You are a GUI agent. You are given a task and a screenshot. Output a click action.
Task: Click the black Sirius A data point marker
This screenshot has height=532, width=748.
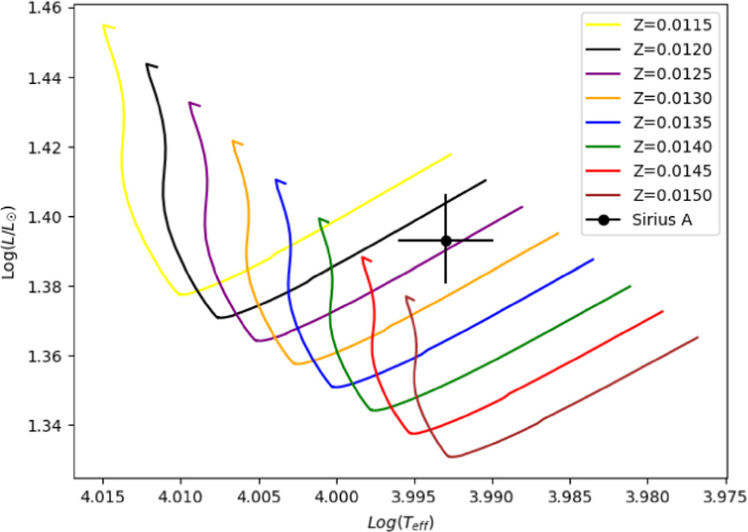pyautogui.click(x=445, y=240)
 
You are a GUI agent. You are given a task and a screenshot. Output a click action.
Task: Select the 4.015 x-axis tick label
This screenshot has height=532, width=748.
pyautogui.click(x=103, y=497)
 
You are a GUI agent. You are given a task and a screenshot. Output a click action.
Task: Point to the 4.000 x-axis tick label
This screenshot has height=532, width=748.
pyautogui.click(x=336, y=497)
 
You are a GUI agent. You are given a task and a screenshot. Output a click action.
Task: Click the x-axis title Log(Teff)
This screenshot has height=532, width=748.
pyautogui.click(x=400, y=520)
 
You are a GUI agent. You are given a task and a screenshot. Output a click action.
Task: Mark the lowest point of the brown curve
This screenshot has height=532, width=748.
pyautogui.click(x=451, y=456)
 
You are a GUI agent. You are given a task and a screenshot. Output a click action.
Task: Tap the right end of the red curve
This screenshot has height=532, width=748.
pyautogui.click(x=663, y=311)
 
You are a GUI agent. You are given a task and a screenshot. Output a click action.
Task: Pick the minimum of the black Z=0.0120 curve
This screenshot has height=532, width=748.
pyautogui.click(x=219, y=317)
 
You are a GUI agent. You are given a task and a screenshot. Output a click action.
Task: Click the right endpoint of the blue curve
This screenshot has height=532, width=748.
pyautogui.click(x=593, y=260)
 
